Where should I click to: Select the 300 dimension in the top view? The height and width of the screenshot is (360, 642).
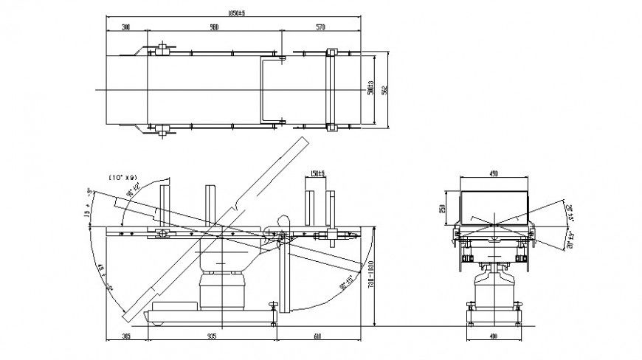126,27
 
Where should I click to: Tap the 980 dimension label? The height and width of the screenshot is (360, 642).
214,27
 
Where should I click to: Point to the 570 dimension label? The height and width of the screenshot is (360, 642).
320,27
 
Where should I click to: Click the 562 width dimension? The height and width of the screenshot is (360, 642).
384,90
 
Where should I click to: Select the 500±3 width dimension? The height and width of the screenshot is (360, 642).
370,88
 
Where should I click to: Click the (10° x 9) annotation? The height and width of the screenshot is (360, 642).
122,177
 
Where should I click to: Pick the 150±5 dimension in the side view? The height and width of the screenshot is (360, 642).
318,175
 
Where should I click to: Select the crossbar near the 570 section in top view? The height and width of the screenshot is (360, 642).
331,90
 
